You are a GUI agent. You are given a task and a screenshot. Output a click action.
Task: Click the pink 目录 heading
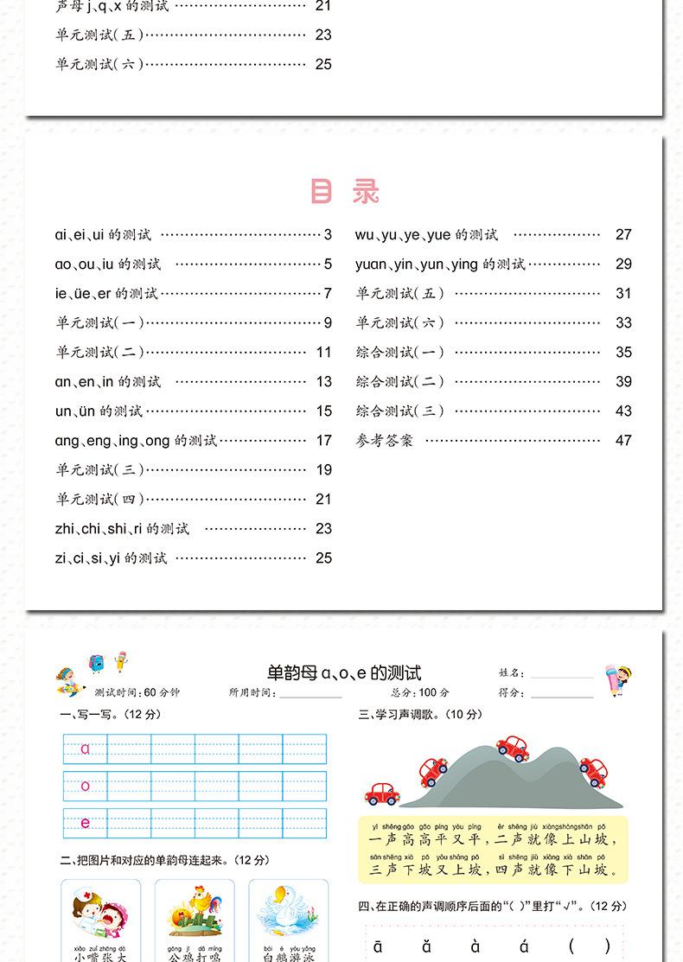(x=344, y=192)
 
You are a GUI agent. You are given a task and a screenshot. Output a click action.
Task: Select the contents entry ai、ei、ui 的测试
(x=103, y=235)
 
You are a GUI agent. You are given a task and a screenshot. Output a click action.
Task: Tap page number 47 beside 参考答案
(x=623, y=441)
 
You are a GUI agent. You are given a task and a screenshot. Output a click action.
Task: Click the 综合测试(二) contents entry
(x=400, y=382)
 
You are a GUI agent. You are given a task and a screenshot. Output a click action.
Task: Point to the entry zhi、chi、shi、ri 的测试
(x=122, y=529)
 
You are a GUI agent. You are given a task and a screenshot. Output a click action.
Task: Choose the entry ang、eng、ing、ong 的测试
(x=136, y=441)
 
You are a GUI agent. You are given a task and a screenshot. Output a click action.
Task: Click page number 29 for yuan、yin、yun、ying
(x=623, y=264)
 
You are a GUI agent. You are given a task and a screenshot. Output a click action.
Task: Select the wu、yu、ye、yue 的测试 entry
(x=426, y=235)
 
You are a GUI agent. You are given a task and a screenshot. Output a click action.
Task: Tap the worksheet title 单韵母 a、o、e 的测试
(x=344, y=673)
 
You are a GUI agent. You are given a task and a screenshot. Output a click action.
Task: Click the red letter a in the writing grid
(x=85, y=749)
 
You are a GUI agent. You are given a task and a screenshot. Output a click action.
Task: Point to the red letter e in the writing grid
(x=85, y=823)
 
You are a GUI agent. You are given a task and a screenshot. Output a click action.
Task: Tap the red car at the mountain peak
(x=513, y=748)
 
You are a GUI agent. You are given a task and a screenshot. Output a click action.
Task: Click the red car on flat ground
(x=381, y=793)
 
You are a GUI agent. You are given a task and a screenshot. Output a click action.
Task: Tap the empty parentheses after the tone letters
(x=589, y=946)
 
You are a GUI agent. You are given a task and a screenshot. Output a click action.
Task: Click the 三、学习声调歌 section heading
(x=420, y=715)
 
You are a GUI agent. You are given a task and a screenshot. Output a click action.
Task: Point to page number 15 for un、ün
(x=323, y=411)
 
